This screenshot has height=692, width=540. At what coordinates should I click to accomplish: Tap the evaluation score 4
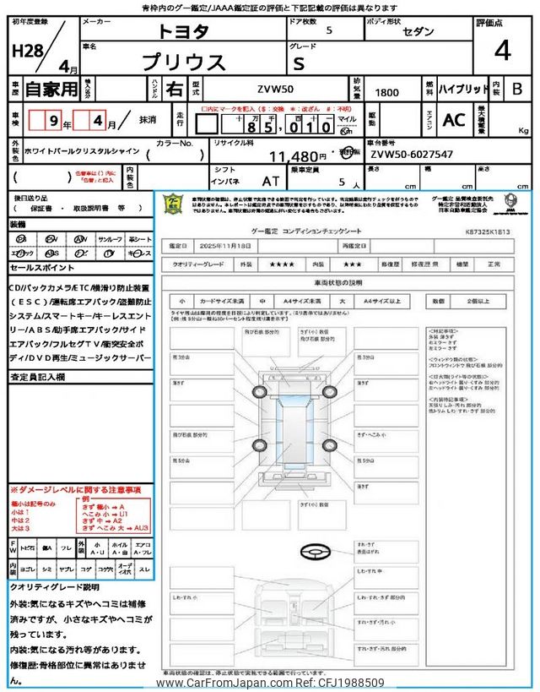point(502,52)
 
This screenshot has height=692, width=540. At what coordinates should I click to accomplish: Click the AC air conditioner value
point(454,121)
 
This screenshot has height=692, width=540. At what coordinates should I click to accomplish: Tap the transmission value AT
point(271,180)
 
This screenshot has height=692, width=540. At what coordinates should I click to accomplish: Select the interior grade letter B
point(517,90)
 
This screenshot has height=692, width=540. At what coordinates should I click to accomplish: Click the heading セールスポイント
point(41,267)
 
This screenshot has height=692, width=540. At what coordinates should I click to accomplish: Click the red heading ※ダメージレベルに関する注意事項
point(75,490)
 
